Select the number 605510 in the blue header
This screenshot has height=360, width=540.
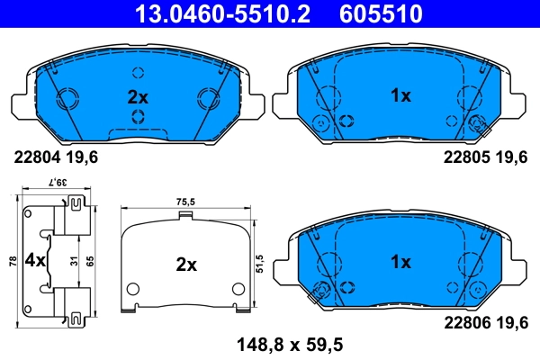pos(382,13)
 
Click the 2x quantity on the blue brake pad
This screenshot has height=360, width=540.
pos(137,95)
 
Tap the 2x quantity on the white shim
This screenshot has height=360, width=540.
pos(185,265)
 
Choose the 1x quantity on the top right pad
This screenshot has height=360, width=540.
pos(400,95)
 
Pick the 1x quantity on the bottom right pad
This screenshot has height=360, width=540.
pos(400,262)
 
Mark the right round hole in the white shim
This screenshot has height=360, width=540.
pos(238,289)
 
